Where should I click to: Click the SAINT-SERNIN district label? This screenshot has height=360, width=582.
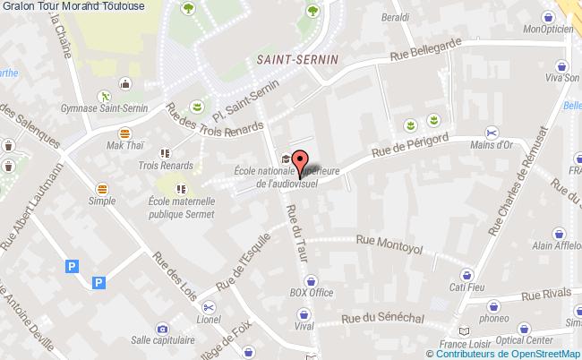pos(289,58)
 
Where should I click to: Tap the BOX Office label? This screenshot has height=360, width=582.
pos(311,292)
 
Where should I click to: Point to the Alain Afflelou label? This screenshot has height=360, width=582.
pos(555,245)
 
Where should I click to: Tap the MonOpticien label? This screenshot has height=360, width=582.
pos(548,29)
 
